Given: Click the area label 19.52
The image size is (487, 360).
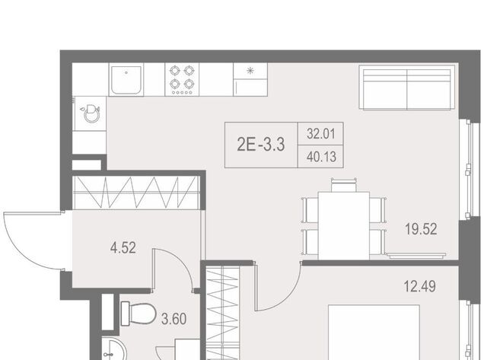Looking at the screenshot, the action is pyautogui.click(x=421, y=229).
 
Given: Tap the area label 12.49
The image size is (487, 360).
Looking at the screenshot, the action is pyautogui.click(x=419, y=286).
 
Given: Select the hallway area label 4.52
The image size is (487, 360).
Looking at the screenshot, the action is pyautogui.click(x=123, y=248).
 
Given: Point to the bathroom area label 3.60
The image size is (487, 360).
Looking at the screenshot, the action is pyautogui.click(x=174, y=319).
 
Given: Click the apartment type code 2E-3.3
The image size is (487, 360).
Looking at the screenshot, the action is pyautogui.click(x=261, y=145).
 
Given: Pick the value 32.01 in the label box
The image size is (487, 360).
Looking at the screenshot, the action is pyautogui.click(x=321, y=134).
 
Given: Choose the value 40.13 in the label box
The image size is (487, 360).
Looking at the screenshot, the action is pyautogui.click(x=321, y=157).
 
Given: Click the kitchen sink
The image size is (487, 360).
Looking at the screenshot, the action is pyautogui.click(x=126, y=79).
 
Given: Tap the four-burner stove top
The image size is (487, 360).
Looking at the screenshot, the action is pyautogui.click(x=182, y=79).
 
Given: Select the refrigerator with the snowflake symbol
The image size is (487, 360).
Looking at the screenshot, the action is pyautogui.click(x=250, y=79).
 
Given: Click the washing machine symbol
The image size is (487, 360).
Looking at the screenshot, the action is pyautogui.click(x=90, y=113).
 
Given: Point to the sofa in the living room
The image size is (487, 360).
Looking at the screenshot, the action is pyautogui.click(x=406, y=88).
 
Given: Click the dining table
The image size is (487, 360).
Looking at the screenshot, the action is pyautogui.click(x=344, y=225).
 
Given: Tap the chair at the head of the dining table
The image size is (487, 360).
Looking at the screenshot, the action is pyautogui.click(x=344, y=185).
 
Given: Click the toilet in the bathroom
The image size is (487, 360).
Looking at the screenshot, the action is pyautogui.click(x=138, y=314).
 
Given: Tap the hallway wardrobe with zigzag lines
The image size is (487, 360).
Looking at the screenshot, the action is pyautogui.click(x=135, y=193).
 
